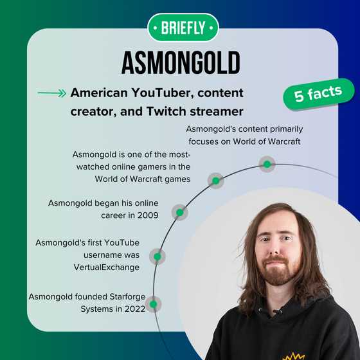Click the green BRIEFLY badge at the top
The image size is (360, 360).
point(183,28)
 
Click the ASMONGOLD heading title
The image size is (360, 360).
point(181,63)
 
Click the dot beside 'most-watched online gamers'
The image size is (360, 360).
point(216,181)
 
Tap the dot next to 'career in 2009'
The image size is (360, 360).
point(180,212)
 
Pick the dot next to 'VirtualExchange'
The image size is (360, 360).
point(157,256)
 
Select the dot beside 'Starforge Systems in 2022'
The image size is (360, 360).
point(152,303)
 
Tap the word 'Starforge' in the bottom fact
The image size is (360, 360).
point(125,296)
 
